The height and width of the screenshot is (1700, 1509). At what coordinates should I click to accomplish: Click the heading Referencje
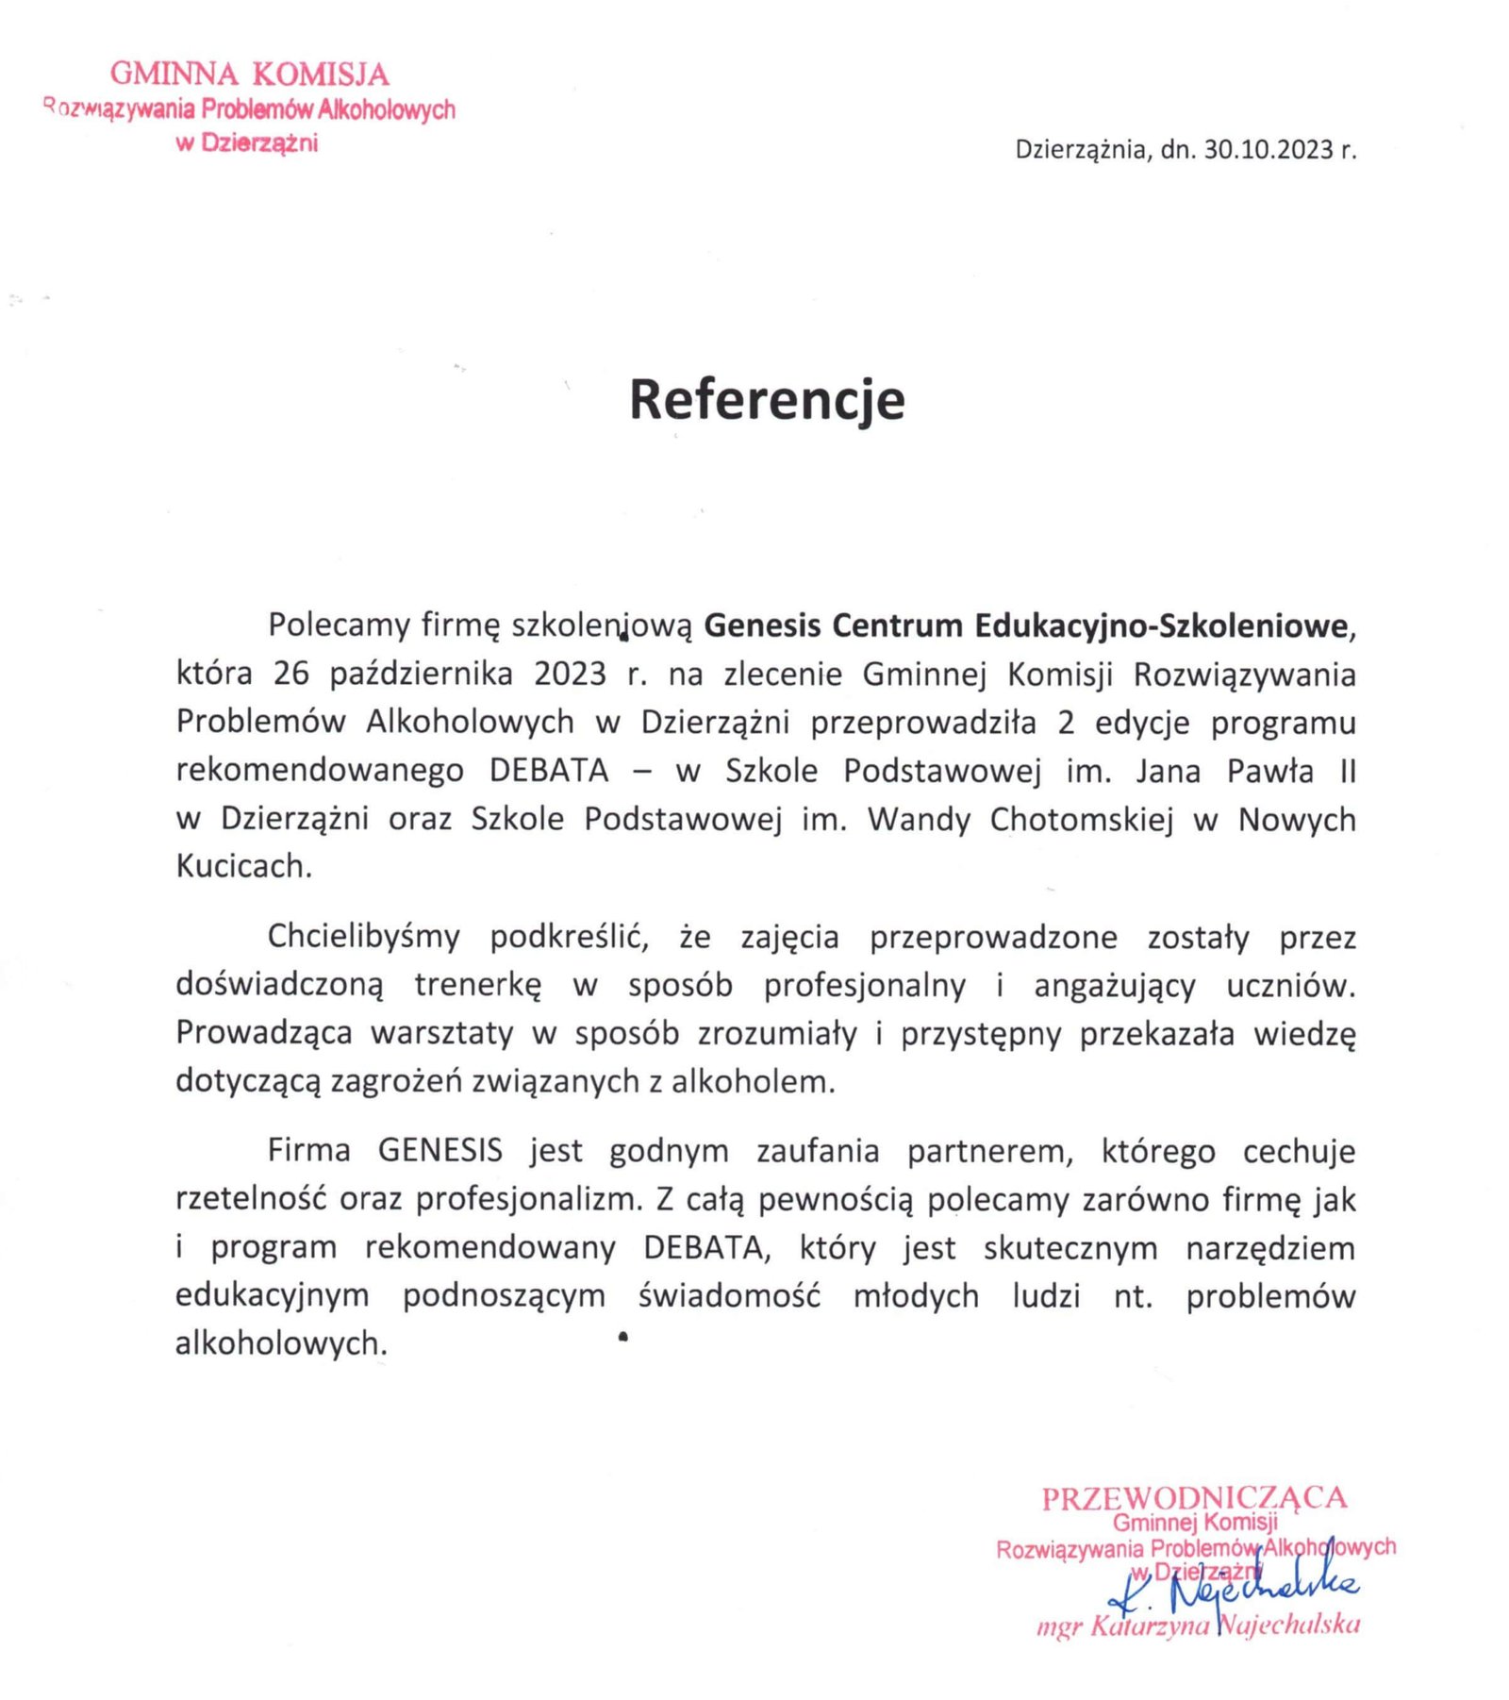(766, 399)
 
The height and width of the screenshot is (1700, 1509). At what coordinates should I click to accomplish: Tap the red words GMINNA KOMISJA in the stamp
(249, 74)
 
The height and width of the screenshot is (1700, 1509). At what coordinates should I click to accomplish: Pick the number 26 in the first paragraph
(291, 675)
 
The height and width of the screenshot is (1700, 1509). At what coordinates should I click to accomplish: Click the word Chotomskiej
(1081, 819)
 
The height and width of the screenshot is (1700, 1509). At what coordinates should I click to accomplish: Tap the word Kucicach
(243, 866)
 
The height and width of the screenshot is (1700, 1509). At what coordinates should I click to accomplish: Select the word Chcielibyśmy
(363, 937)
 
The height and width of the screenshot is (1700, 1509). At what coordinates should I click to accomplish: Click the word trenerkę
(478, 985)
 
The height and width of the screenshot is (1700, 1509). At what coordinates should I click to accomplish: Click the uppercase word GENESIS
(439, 1151)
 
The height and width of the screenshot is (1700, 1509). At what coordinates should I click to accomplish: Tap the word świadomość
(729, 1295)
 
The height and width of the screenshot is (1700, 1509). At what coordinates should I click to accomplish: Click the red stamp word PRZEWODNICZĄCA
(1194, 1498)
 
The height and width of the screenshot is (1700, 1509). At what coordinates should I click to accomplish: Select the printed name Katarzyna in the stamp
(1149, 1625)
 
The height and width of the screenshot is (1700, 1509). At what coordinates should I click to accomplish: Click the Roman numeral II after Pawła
(1347, 771)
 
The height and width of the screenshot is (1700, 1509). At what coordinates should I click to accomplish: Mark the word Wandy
(919, 819)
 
